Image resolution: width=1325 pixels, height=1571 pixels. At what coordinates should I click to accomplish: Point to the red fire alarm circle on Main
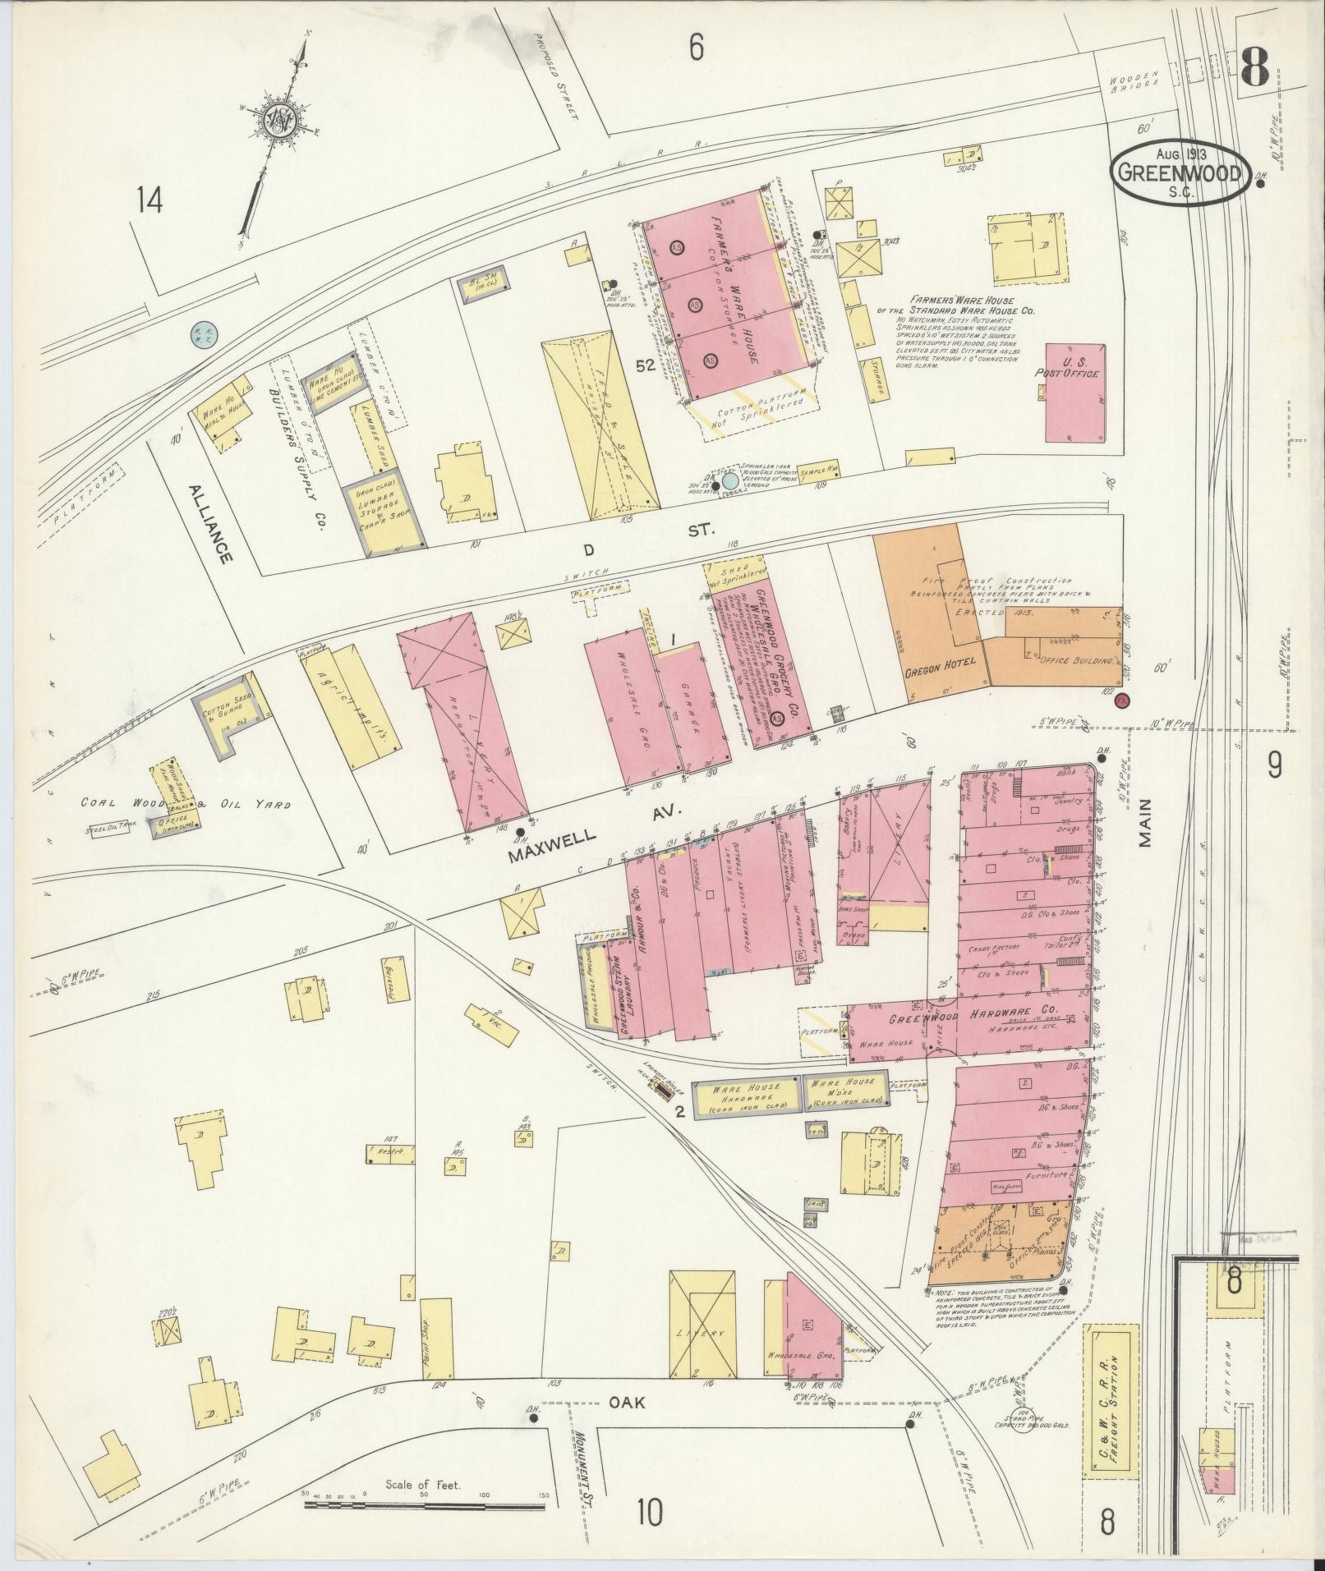click(x=1121, y=701)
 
